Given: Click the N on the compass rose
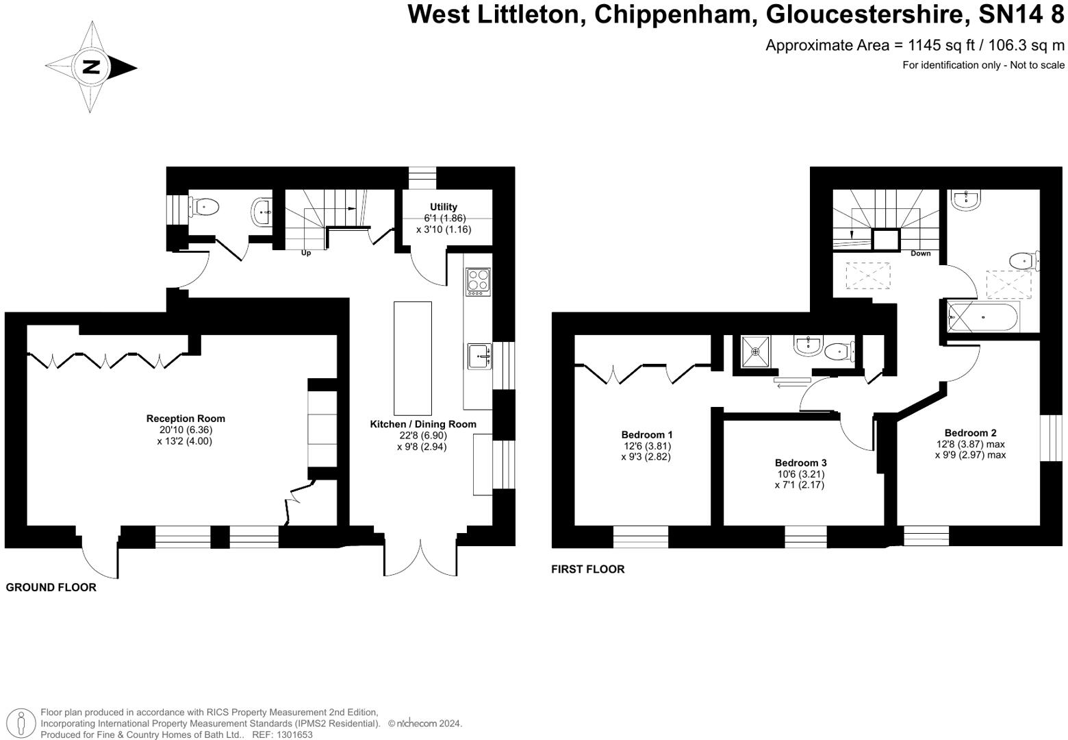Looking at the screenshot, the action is coord(90,66).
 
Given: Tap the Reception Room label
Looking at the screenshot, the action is coord(186,419).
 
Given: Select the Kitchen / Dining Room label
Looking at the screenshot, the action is coord(423,424).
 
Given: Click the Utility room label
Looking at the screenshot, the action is coord(444,207).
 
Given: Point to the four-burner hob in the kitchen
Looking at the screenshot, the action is coord(479,282).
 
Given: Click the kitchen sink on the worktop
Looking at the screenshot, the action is coord(479,356).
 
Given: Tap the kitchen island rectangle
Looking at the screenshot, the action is coord(412,358).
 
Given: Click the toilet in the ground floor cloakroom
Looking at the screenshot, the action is coord(204,208).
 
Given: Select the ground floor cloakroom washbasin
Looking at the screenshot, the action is coord(262,212).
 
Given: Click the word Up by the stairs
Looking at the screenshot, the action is coord(305,253).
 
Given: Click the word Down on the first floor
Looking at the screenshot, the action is coord(920,254).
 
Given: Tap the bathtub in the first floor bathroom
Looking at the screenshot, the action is coord(983,317).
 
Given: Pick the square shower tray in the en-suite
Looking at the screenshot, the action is coord(755,352).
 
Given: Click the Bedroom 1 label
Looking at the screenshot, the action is coord(646,434).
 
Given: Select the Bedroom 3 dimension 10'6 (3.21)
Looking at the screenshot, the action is coord(800,473).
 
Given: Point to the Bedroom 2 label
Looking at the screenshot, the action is coord(970,433).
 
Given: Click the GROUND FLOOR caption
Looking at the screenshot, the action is coord(51,587).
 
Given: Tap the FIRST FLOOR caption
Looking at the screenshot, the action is coord(588,569).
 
